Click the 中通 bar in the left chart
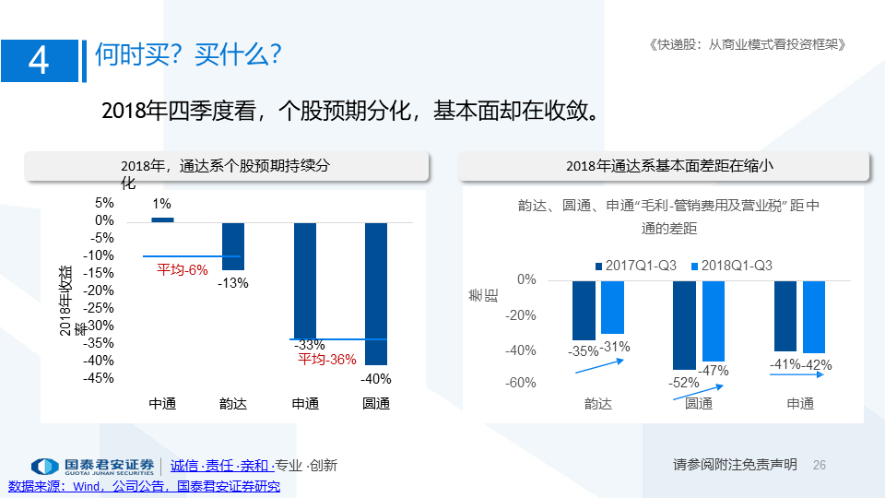tap(162, 220)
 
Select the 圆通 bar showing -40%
tap(376, 293)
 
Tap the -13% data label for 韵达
tap(233, 283)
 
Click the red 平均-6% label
tap(183, 270)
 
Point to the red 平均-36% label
tap(326, 359)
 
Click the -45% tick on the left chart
tap(99, 378)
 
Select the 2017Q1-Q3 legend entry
tap(635, 266)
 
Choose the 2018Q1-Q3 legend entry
tap(731, 266)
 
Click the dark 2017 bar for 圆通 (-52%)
tap(684, 326)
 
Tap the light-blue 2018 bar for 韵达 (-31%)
tap(612, 307)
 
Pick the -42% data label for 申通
tap(817, 365)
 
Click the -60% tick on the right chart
tap(520, 383)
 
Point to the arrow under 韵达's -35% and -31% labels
tap(599, 366)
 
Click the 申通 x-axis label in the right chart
tap(800, 403)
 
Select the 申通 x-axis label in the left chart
tap(305, 403)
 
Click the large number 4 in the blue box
tap(39, 61)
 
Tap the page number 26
tap(819, 465)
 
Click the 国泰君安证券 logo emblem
tap(44, 467)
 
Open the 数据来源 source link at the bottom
tap(144, 486)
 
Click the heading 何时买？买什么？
tap(188, 54)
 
